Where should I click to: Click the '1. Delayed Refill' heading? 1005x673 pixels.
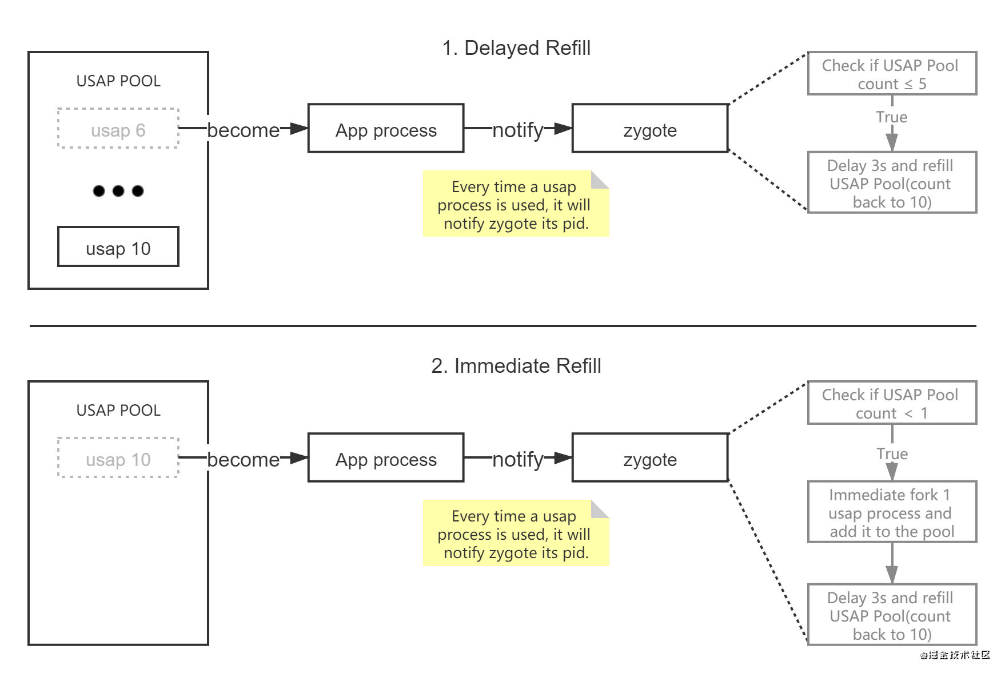pos(516,48)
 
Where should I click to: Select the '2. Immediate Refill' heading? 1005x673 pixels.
pos(516,366)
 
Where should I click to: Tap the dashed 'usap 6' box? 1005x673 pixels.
pos(118,129)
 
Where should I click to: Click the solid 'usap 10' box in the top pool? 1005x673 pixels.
pos(118,247)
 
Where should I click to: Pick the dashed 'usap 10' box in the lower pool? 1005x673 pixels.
pos(118,458)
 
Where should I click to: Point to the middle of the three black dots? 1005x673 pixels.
pos(118,191)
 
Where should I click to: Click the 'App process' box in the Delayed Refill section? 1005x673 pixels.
pos(386,129)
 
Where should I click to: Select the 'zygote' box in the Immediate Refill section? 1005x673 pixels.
pos(650,458)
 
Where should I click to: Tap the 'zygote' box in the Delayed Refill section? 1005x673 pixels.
pos(650,129)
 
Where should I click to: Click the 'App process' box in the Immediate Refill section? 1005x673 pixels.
pos(386,458)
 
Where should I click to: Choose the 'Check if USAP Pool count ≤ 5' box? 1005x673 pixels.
pos(892,74)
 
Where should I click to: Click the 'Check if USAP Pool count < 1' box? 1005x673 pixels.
pos(892,403)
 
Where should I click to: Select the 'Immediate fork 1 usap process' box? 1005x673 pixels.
pos(892,512)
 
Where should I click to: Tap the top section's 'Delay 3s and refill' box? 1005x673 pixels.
pos(892,183)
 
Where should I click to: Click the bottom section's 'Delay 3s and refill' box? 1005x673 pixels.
pos(892,615)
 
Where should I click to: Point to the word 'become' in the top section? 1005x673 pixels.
pos(244,130)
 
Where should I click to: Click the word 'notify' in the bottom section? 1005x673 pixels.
pos(518,460)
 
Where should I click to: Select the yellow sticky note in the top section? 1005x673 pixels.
pos(515,204)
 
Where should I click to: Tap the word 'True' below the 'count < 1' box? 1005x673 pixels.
pos(892,454)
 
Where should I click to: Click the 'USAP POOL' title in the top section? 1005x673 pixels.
pos(118,81)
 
